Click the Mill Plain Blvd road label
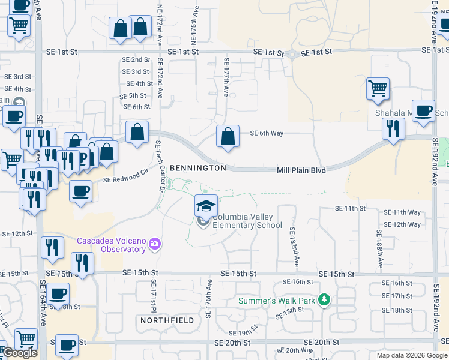(x=301, y=170)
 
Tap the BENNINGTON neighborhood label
(x=197, y=168)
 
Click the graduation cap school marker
(x=205, y=206)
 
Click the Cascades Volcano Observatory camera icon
(x=155, y=243)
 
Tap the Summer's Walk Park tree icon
(x=324, y=299)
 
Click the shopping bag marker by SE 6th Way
(x=228, y=137)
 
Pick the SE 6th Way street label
(x=266, y=133)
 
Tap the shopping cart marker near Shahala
(x=378, y=89)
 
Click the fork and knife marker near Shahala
(x=393, y=129)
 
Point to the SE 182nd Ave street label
(x=294, y=247)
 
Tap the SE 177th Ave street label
(x=226, y=78)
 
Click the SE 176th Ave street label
(x=209, y=299)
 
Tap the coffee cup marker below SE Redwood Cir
(x=80, y=192)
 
